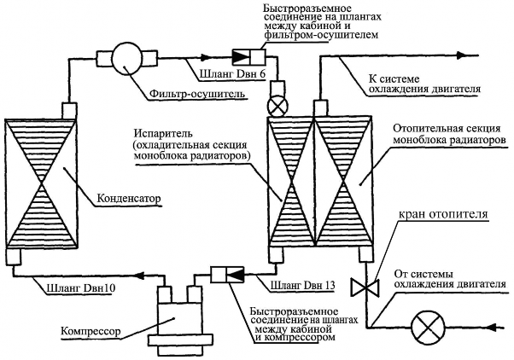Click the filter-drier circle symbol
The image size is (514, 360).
[127, 59]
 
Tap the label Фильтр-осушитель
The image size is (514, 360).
[197, 94]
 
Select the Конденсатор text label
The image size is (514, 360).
[130, 199]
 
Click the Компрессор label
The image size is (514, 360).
[91, 330]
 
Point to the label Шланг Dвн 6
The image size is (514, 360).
[232, 74]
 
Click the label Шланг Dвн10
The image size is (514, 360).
[79, 288]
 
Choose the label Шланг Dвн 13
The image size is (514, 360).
[302, 285]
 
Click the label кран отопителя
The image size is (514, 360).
[443, 214]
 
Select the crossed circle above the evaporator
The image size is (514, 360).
[277, 107]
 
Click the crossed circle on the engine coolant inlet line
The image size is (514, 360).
[428, 327]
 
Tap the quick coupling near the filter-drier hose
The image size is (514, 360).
[248, 57]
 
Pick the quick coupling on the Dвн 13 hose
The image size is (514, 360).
[227, 275]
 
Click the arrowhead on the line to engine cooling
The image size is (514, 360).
[462, 55]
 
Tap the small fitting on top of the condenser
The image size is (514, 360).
[69, 111]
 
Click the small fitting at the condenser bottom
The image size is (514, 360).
[14, 257]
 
